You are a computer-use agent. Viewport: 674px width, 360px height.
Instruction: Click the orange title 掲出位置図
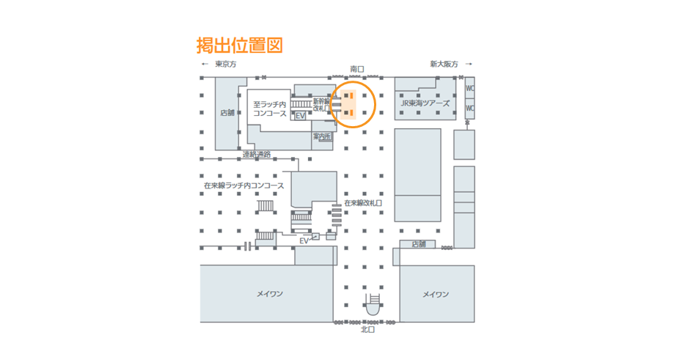coord(239,45)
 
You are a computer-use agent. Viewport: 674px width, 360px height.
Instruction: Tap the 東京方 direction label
coord(226,65)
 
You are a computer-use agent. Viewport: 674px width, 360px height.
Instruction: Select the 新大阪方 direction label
coord(444,65)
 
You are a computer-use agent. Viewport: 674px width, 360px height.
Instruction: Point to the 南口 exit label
coord(357,69)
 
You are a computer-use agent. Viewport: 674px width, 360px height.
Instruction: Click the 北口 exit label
coord(367,330)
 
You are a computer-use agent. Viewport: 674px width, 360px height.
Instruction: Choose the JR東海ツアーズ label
coord(425,103)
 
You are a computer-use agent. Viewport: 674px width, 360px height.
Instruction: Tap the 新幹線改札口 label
coord(322,105)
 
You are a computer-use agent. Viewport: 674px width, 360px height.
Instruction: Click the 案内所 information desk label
coord(322,136)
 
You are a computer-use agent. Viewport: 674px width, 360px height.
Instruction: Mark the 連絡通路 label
coord(257,155)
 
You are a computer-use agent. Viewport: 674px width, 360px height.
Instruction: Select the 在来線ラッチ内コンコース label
coord(243,185)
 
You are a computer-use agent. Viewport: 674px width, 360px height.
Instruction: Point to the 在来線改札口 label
coord(363,202)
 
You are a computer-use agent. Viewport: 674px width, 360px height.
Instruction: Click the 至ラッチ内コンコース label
coord(270,109)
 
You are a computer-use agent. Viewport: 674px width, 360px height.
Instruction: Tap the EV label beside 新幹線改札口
coord(300,117)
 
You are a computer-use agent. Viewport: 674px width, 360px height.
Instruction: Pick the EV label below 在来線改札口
coord(304,240)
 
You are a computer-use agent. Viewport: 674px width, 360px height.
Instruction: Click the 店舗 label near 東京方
coord(227,113)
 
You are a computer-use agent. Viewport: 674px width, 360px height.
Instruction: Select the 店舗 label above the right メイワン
coord(418,244)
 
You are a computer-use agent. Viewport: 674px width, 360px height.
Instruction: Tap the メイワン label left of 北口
coord(269,294)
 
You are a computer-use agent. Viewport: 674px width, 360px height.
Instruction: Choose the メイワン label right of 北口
coord(436,294)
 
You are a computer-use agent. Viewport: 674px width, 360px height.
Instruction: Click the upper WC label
coord(470,89)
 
